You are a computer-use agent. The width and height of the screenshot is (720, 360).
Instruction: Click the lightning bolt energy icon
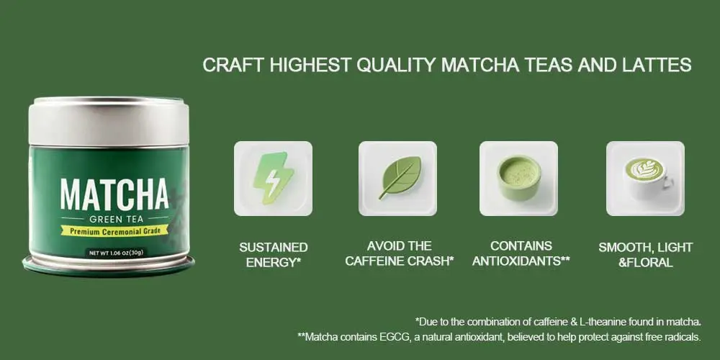pos(273,178)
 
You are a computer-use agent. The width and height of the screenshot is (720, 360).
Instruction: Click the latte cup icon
pos(645,176)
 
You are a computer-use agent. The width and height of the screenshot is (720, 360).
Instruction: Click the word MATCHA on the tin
pos(114,195)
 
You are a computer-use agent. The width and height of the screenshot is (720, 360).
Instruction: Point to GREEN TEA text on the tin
pos(114,218)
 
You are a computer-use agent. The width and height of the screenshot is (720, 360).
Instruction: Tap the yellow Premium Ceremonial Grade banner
pos(114,230)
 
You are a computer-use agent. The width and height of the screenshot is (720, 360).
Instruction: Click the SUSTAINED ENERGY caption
pos(273,255)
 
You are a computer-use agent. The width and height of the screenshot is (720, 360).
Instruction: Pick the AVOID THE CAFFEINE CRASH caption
pos(399,254)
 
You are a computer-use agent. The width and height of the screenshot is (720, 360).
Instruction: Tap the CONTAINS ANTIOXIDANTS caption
pos(521,254)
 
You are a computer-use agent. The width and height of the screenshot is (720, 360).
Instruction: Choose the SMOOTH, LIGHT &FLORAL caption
pos(645,255)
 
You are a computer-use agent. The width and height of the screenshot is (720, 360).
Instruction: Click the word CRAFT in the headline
pos(233,65)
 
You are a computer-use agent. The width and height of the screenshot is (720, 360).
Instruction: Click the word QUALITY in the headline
pos(395,65)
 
